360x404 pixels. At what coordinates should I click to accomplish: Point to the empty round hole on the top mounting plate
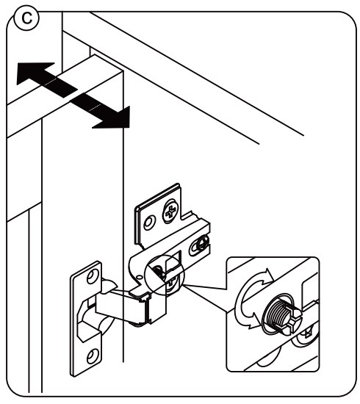pyautogui.click(x=149, y=220)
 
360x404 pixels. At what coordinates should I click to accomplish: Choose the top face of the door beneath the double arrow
pyautogui.click(x=66, y=103)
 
